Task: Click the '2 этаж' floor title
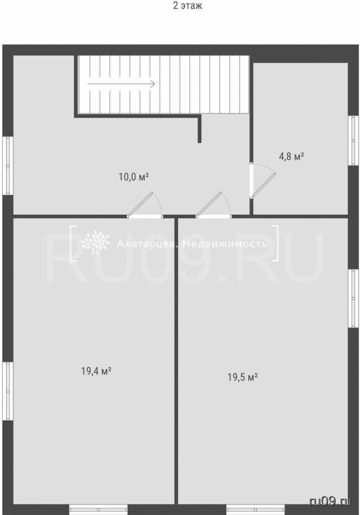[x=188, y=6]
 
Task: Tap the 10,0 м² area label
[x=134, y=178]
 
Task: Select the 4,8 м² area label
[x=291, y=156]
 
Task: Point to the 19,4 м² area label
[x=96, y=371]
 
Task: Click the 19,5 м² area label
[x=242, y=377]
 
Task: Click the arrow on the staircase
[x=122, y=84]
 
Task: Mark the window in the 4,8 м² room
[x=353, y=140]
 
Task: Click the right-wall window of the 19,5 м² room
[x=353, y=298]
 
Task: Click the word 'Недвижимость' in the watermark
[x=225, y=244]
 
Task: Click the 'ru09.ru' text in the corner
[x=330, y=501]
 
